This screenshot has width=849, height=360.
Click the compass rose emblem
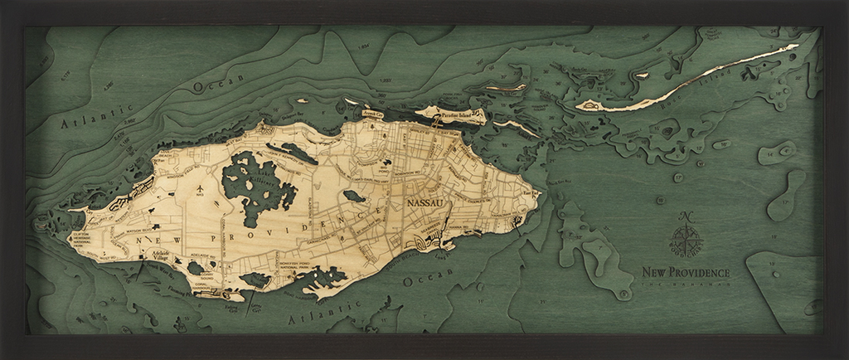pyautogui.click(x=686, y=241)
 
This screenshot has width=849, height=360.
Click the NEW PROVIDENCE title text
pyautogui.click(x=686, y=271)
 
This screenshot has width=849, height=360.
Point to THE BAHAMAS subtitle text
pyautogui.click(x=686, y=282)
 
